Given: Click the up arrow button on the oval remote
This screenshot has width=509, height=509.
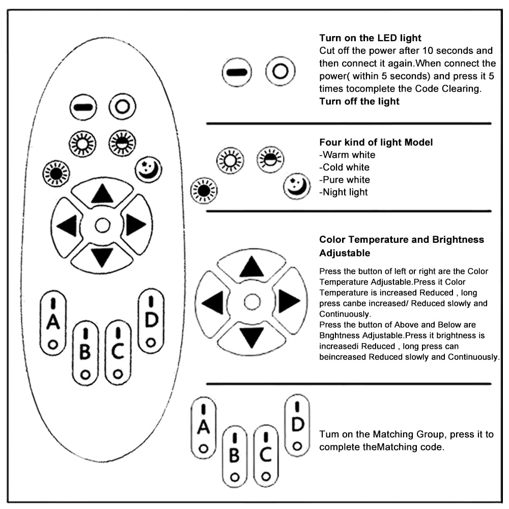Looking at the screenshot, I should [102, 193].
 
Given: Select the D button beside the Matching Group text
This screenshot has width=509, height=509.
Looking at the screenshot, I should [297, 425].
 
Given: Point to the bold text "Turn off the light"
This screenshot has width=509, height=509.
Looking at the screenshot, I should [359, 101].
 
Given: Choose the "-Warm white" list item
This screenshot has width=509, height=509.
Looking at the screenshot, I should [347, 155].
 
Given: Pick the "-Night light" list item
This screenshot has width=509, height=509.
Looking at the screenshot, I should [343, 192].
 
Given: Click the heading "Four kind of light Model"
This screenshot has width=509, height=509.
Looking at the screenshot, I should [376, 142].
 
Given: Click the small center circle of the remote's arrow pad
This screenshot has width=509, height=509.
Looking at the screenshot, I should [102, 224].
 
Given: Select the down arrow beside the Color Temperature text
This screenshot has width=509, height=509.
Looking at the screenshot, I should [251, 337].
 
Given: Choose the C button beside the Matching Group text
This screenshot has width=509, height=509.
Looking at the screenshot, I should [265, 454].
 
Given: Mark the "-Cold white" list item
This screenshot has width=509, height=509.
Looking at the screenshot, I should [344, 167].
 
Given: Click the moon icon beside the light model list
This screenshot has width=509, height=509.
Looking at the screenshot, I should [297, 186].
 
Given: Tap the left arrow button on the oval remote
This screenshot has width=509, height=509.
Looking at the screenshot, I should [68, 225].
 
